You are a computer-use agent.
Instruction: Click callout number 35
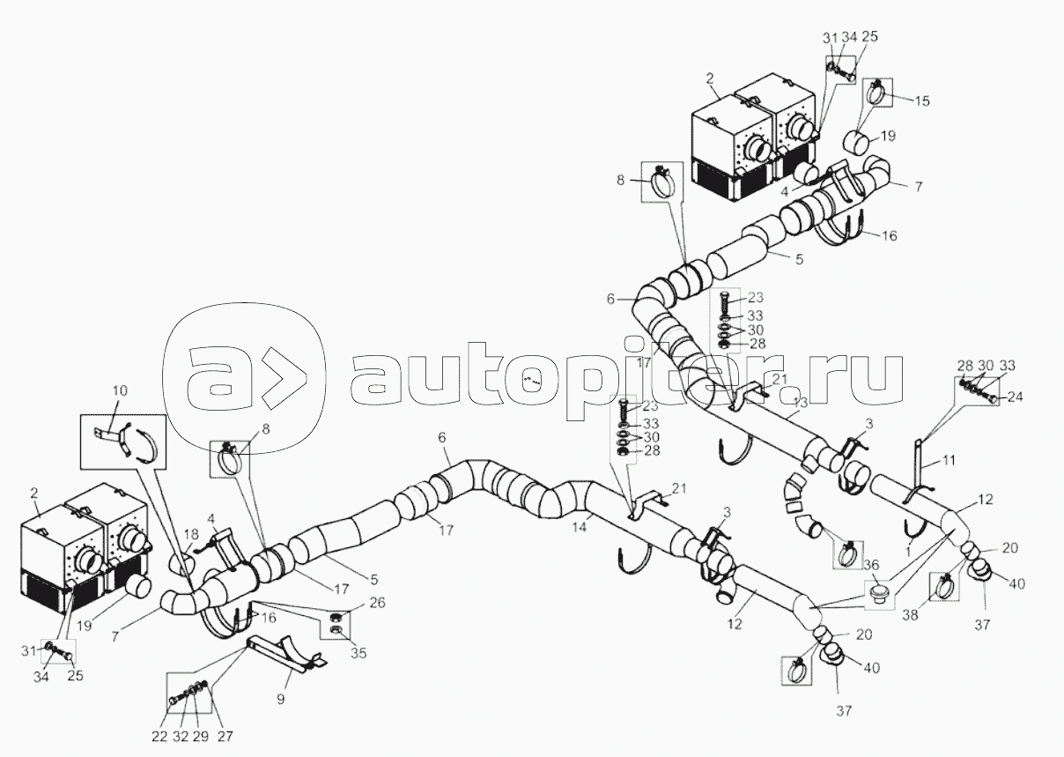click(x=358, y=654)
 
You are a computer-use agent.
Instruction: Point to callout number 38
click(x=909, y=616)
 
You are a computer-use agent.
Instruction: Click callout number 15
click(x=921, y=102)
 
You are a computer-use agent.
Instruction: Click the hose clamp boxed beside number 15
click(x=876, y=92)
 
